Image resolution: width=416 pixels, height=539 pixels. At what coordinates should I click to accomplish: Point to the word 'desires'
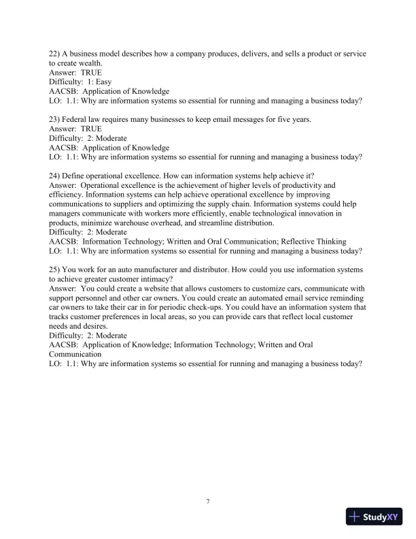pos(101,326)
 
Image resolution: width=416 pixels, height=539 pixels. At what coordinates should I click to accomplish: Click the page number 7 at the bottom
pos(208,502)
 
